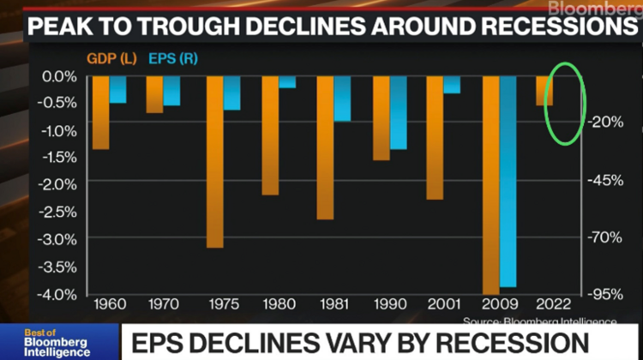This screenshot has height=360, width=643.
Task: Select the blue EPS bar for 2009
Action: [508, 181]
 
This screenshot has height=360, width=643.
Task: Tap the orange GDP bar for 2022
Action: [544, 91]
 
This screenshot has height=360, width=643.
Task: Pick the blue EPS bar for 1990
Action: [399, 112]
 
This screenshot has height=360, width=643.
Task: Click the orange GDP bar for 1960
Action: [101, 112]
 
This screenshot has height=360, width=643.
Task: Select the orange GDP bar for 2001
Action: [434, 137]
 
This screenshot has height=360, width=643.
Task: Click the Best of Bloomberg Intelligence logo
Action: [56, 341]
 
